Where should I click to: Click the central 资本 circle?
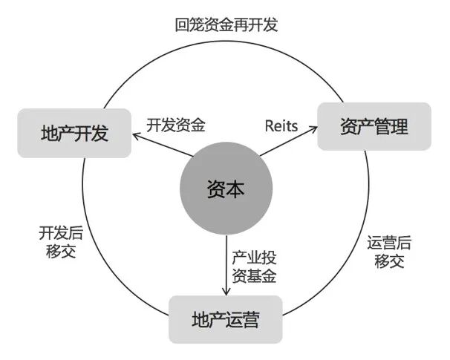pos(225,190)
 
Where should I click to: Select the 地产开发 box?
pos(74,134)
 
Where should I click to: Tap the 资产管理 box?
pos(374,127)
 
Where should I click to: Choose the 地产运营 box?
pos(226,320)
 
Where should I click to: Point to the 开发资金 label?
pos(176,124)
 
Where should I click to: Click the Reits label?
pos(281,125)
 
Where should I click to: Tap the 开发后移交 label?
pos(61,241)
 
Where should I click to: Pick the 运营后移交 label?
pos(389,252)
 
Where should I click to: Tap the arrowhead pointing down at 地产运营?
pos(225,292)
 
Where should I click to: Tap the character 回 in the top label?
pos(182,24)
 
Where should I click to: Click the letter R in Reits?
pos(269,125)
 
